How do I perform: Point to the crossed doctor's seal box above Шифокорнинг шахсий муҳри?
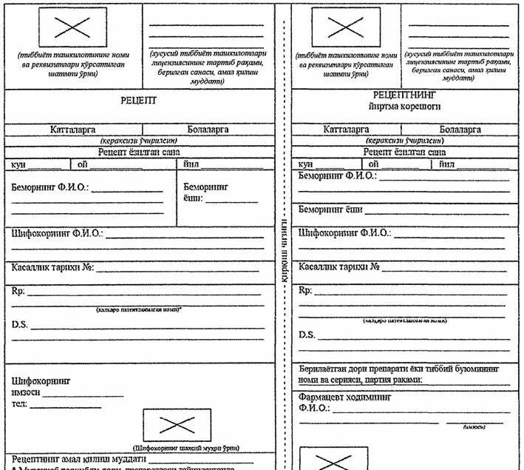[x=177, y=425]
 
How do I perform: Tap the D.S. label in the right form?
[x=307, y=335]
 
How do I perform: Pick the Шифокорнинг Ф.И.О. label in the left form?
[x=56, y=234]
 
